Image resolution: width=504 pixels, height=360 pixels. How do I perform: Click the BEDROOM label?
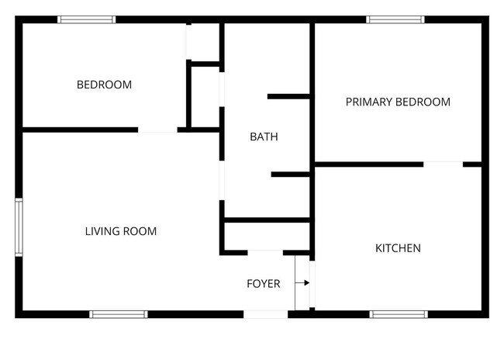click(104, 85)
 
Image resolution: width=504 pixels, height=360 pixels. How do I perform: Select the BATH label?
click(264, 137)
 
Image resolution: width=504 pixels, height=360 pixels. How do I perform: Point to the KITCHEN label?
click(398, 248)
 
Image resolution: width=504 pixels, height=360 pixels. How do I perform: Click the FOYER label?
click(264, 284)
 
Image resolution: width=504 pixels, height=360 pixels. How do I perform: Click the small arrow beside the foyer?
click(302, 282)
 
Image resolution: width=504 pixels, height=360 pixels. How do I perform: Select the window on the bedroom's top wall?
click(87, 19)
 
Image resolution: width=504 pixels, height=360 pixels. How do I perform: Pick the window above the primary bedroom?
click(395, 19)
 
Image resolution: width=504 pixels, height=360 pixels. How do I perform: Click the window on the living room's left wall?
click(19, 227)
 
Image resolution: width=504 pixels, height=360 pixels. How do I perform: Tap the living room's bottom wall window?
click(119, 314)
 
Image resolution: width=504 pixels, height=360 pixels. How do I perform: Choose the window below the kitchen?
click(399, 314)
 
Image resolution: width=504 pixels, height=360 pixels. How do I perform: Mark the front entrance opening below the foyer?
click(265, 314)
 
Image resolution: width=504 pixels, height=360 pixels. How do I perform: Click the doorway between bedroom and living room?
click(157, 130)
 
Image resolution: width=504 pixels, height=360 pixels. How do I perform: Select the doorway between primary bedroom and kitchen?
click(443, 164)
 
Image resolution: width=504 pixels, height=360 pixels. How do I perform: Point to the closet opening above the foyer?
click(265, 253)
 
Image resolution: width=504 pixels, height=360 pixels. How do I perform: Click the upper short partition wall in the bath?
click(288, 96)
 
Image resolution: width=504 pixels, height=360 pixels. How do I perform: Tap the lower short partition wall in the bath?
click(290, 175)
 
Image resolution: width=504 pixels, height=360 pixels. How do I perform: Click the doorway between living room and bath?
click(222, 180)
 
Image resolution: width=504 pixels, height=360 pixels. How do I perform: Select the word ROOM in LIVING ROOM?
click(140, 231)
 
